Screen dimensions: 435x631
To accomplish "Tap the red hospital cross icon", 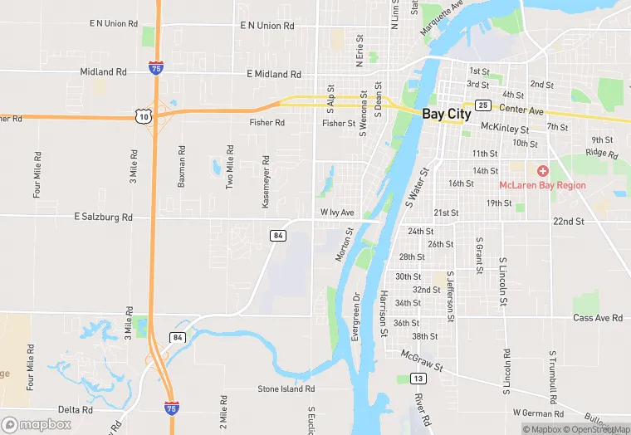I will [x=543, y=170].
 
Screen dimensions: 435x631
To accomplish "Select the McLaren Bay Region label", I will [x=542, y=185].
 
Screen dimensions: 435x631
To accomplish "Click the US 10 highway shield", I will [x=145, y=117].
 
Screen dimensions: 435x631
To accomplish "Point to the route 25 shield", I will [x=482, y=105].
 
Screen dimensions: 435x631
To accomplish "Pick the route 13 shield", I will [x=418, y=379].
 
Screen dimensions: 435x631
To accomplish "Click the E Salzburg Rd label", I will [x=103, y=217].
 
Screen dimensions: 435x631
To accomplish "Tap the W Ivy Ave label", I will [x=338, y=213].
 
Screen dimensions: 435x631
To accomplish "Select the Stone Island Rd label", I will [x=286, y=389].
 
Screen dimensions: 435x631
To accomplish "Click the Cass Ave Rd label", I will [x=598, y=318].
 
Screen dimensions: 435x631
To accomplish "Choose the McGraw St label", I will [x=422, y=359].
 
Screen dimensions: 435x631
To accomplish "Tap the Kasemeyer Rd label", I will [x=266, y=169].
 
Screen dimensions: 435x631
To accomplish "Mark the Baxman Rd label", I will [x=181, y=167].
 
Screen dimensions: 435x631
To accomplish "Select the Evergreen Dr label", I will [x=355, y=317].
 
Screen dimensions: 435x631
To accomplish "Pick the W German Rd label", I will [x=539, y=412].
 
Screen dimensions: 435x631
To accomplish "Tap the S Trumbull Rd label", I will [x=551, y=374].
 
